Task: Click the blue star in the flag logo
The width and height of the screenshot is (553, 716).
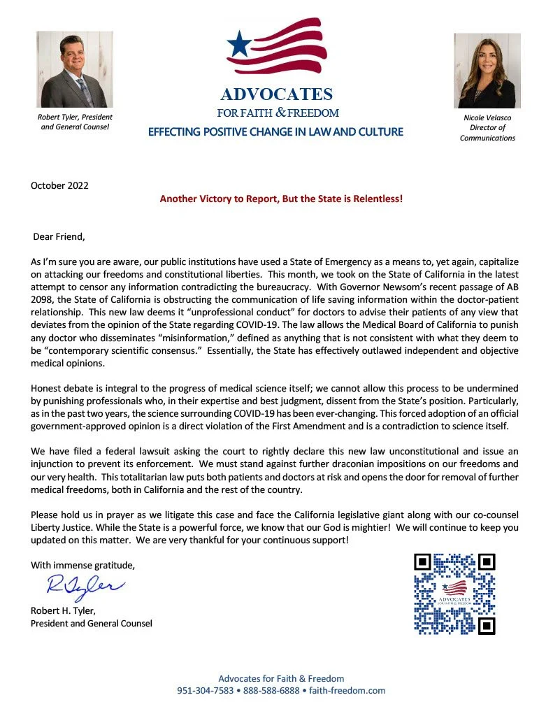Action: (240, 45)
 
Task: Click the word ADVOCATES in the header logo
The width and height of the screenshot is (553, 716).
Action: (276, 94)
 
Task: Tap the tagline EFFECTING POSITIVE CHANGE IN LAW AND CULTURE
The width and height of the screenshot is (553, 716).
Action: (275, 131)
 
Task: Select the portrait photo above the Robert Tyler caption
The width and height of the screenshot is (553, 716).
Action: (66, 69)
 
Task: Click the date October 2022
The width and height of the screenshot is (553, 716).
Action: (59, 185)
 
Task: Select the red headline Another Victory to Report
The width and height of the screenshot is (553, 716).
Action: (281, 199)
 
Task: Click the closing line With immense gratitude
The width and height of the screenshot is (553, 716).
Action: (73, 564)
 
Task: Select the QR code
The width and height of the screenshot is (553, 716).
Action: (454, 594)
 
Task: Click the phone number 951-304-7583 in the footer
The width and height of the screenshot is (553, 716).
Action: (205, 690)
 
